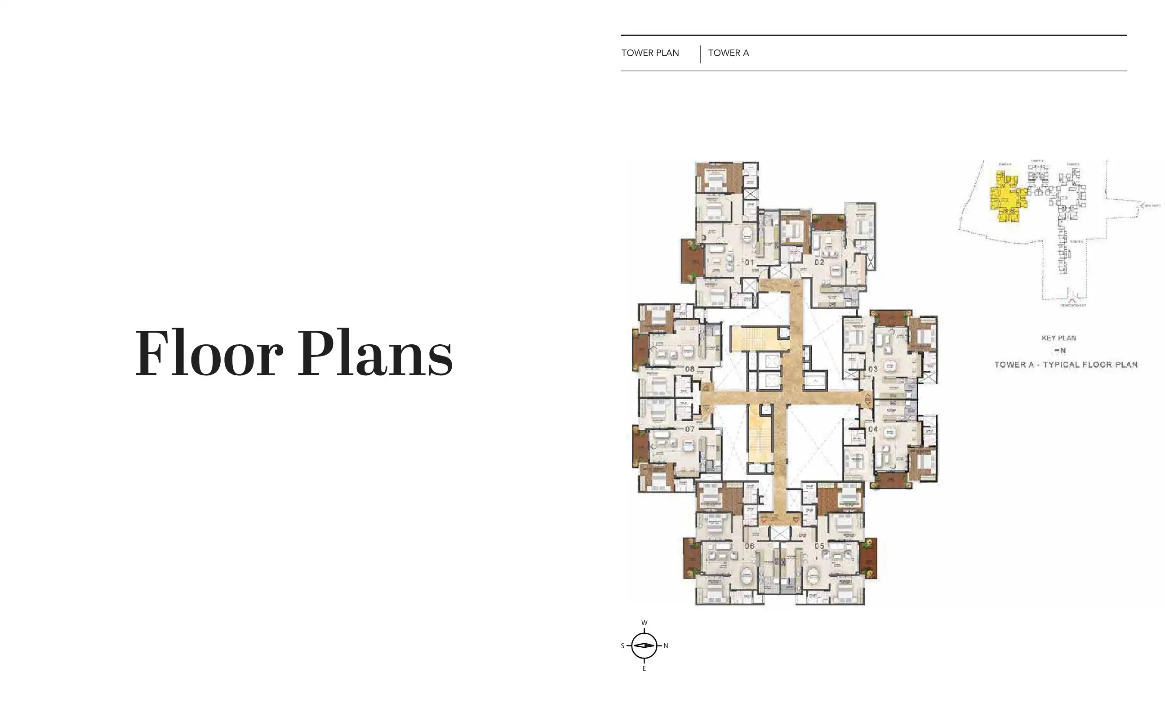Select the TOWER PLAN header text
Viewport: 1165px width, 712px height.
(x=649, y=53)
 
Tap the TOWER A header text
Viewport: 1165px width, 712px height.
(x=728, y=53)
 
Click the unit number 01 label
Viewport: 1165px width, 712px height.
(x=749, y=263)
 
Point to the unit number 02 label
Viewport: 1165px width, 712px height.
(x=819, y=262)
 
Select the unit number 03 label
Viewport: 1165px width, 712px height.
(x=872, y=369)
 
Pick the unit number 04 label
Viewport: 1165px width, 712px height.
(x=872, y=429)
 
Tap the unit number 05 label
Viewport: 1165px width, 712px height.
(x=819, y=546)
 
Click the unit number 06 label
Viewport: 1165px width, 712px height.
(x=749, y=546)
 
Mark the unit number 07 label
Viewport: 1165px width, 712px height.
(x=689, y=429)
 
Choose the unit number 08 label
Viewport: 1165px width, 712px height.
(x=689, y=369)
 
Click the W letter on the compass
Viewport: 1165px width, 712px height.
(x=644, y=623)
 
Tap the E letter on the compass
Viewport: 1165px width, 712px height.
(x=644, y=668)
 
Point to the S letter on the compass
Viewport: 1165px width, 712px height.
(x=623, y=646)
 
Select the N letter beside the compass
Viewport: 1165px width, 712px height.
(x=666, y=646)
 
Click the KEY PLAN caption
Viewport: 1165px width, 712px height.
(x=1058, y=338)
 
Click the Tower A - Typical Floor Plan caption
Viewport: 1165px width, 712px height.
(x=1066, y=365)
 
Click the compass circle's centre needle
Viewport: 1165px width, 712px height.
(x=644, y=646)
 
